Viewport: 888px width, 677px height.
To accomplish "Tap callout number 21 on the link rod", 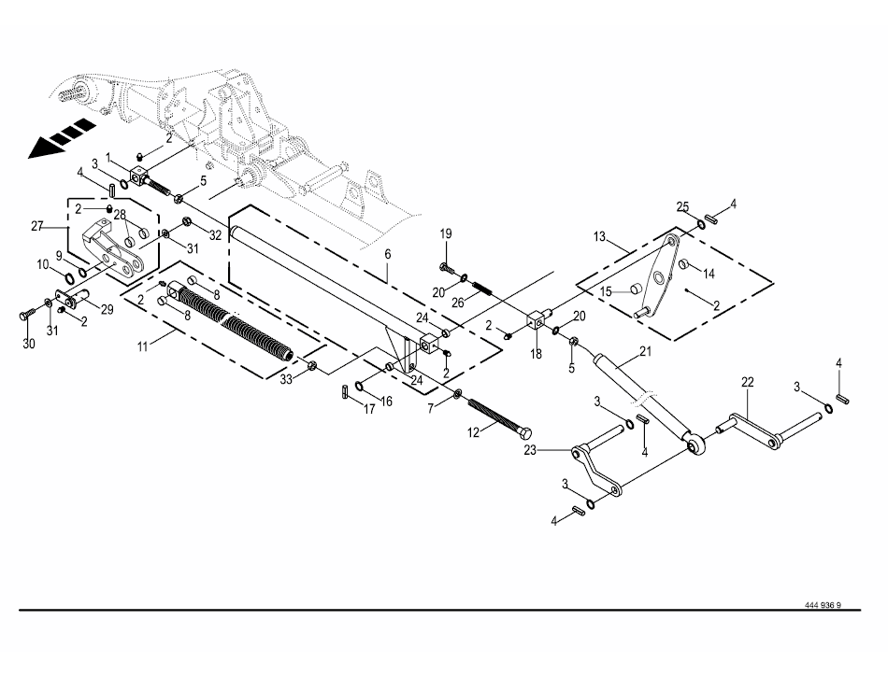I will [x=644, y=351].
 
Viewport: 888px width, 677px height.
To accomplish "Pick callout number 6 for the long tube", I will [x=387, y=254].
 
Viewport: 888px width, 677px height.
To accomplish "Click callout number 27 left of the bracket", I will [x=38, y=225].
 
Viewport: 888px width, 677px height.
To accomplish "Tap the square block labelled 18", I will [x=535, y=322].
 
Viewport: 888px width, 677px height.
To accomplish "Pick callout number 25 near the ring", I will [x=683, y=205].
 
